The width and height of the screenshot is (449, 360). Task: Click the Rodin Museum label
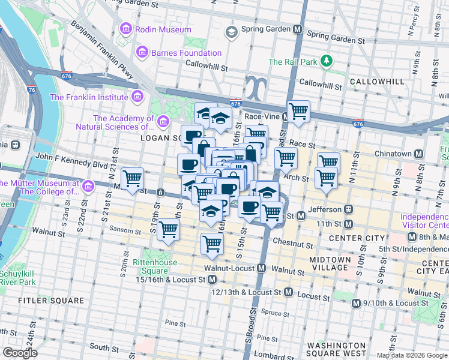163,29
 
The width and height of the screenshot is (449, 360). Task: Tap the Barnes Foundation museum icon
142,53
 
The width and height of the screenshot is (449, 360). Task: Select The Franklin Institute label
89,97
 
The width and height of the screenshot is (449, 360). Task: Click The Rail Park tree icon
327,61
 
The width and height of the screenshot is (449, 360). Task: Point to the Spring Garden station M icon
297,29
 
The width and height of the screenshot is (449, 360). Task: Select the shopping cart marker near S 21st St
132,178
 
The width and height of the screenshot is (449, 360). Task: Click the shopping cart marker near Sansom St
169,229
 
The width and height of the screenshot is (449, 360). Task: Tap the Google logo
20,353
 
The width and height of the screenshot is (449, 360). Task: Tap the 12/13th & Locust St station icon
288,292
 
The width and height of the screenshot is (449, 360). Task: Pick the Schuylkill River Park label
18,277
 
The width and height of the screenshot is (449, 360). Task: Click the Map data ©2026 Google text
412,355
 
